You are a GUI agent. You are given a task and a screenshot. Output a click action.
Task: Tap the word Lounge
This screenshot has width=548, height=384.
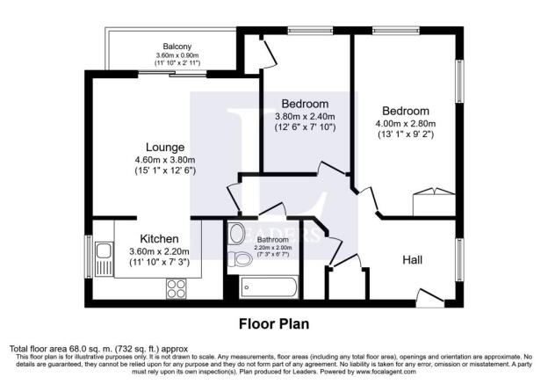tap(164, 147)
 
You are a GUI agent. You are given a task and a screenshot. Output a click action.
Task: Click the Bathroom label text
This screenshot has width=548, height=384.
tap(272, 239)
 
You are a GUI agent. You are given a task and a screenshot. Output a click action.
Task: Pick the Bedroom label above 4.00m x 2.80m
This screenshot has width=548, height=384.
tap(404, 111)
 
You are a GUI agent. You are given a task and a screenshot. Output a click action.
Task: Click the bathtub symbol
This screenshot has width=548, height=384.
tap(265, 286)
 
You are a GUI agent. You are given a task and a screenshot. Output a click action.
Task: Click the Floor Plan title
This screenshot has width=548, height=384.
tap(273, 322)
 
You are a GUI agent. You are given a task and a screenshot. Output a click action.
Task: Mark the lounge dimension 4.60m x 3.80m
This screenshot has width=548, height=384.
tap(164, 159)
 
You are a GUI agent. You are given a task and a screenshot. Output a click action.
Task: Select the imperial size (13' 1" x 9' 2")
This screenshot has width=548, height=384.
tap(404, 134)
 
